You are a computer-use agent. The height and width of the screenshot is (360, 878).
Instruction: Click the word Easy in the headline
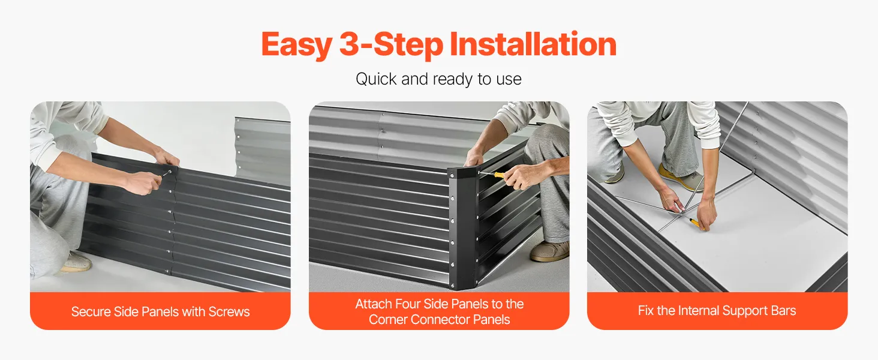coord(297,45)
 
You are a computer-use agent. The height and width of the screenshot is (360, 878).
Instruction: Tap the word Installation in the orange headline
coord(533,44)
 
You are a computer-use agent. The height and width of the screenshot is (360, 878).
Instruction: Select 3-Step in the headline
coord(391,45)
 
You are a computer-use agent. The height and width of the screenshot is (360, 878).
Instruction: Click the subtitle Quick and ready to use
coord(438,79)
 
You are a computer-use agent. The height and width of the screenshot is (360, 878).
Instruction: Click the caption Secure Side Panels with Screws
coord(160,311)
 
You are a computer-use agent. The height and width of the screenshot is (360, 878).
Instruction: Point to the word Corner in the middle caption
coord(388,320)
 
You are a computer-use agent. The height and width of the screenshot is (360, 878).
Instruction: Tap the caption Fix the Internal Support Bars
coord(717,311)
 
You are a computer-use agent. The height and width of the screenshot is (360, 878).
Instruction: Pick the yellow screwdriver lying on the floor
coord(696,224)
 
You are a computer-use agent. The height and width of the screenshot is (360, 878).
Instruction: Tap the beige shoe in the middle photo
coord(549,251)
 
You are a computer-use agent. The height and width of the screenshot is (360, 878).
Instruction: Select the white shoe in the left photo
coord(76,262)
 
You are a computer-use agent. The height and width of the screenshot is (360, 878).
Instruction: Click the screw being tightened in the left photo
coord(169,172)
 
